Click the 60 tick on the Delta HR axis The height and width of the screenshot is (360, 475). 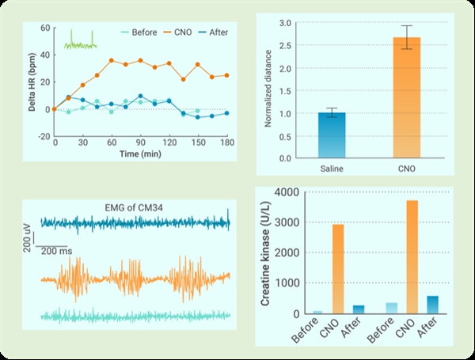(45, 28)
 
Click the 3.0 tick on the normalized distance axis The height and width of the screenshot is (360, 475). (287, 23)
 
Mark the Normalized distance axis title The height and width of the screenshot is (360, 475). (268, 92)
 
